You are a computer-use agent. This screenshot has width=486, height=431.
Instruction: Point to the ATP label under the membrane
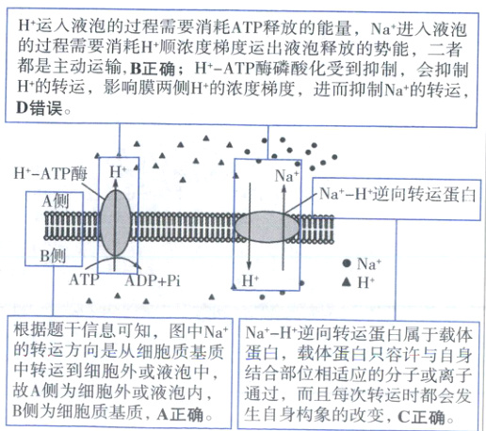[x=83, y=279]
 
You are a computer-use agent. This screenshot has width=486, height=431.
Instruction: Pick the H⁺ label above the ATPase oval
[x=118, y=171]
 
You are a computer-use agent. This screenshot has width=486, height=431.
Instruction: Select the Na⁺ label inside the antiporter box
[x=286, y=175]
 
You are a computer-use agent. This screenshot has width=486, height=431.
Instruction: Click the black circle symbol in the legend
[x=348, y=264]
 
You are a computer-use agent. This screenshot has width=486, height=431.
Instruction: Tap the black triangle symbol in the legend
[x=348, y=281]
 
